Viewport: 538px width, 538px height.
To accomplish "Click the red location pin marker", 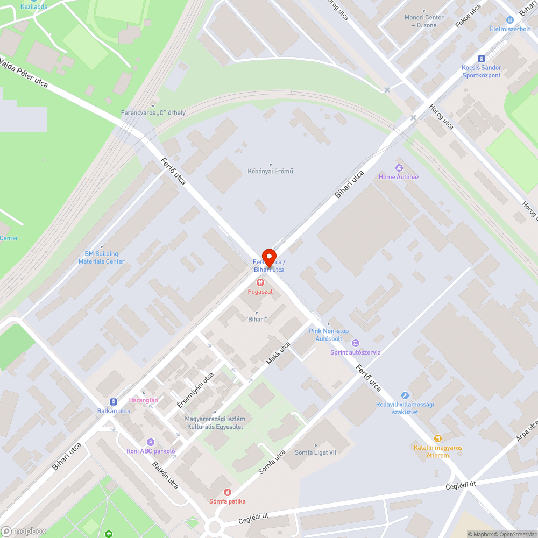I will (268, 256).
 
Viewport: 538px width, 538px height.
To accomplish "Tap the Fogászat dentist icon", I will (260, 282).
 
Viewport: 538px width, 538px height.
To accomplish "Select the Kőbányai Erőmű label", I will (270, 171).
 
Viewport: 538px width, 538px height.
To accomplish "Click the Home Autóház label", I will (399, 176).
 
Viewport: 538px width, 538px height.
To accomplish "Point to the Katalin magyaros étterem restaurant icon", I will (438, 438).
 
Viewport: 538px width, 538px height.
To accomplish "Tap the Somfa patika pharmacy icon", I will (228, 492).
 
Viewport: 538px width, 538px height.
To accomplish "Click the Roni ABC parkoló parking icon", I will (151, 442).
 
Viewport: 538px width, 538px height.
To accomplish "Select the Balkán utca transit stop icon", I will (114, 401).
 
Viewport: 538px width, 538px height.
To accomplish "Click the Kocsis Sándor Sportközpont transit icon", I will (481, 59).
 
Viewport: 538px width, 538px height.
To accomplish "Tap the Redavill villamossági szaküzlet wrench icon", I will (405, 395).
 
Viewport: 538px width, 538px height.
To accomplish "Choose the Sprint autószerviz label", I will (355, 352).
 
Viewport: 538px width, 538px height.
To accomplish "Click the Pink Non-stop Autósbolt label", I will (328, 335).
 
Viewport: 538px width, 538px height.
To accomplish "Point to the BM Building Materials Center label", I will (101, 258).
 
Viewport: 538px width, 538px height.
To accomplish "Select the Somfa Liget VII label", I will (315, 452).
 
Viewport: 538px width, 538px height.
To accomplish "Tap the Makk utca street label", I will (278, 353).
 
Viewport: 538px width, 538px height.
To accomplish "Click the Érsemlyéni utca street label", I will (195, 389).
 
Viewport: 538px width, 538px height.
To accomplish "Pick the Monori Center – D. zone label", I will (424, 21).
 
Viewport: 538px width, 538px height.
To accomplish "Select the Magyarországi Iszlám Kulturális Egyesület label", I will (215, 423).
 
